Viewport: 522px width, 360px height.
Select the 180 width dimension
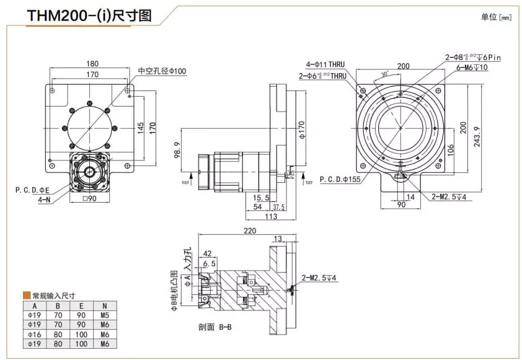point(92,63)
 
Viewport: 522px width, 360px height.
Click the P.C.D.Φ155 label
point(340,180)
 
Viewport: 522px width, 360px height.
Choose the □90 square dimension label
point(91,199)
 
